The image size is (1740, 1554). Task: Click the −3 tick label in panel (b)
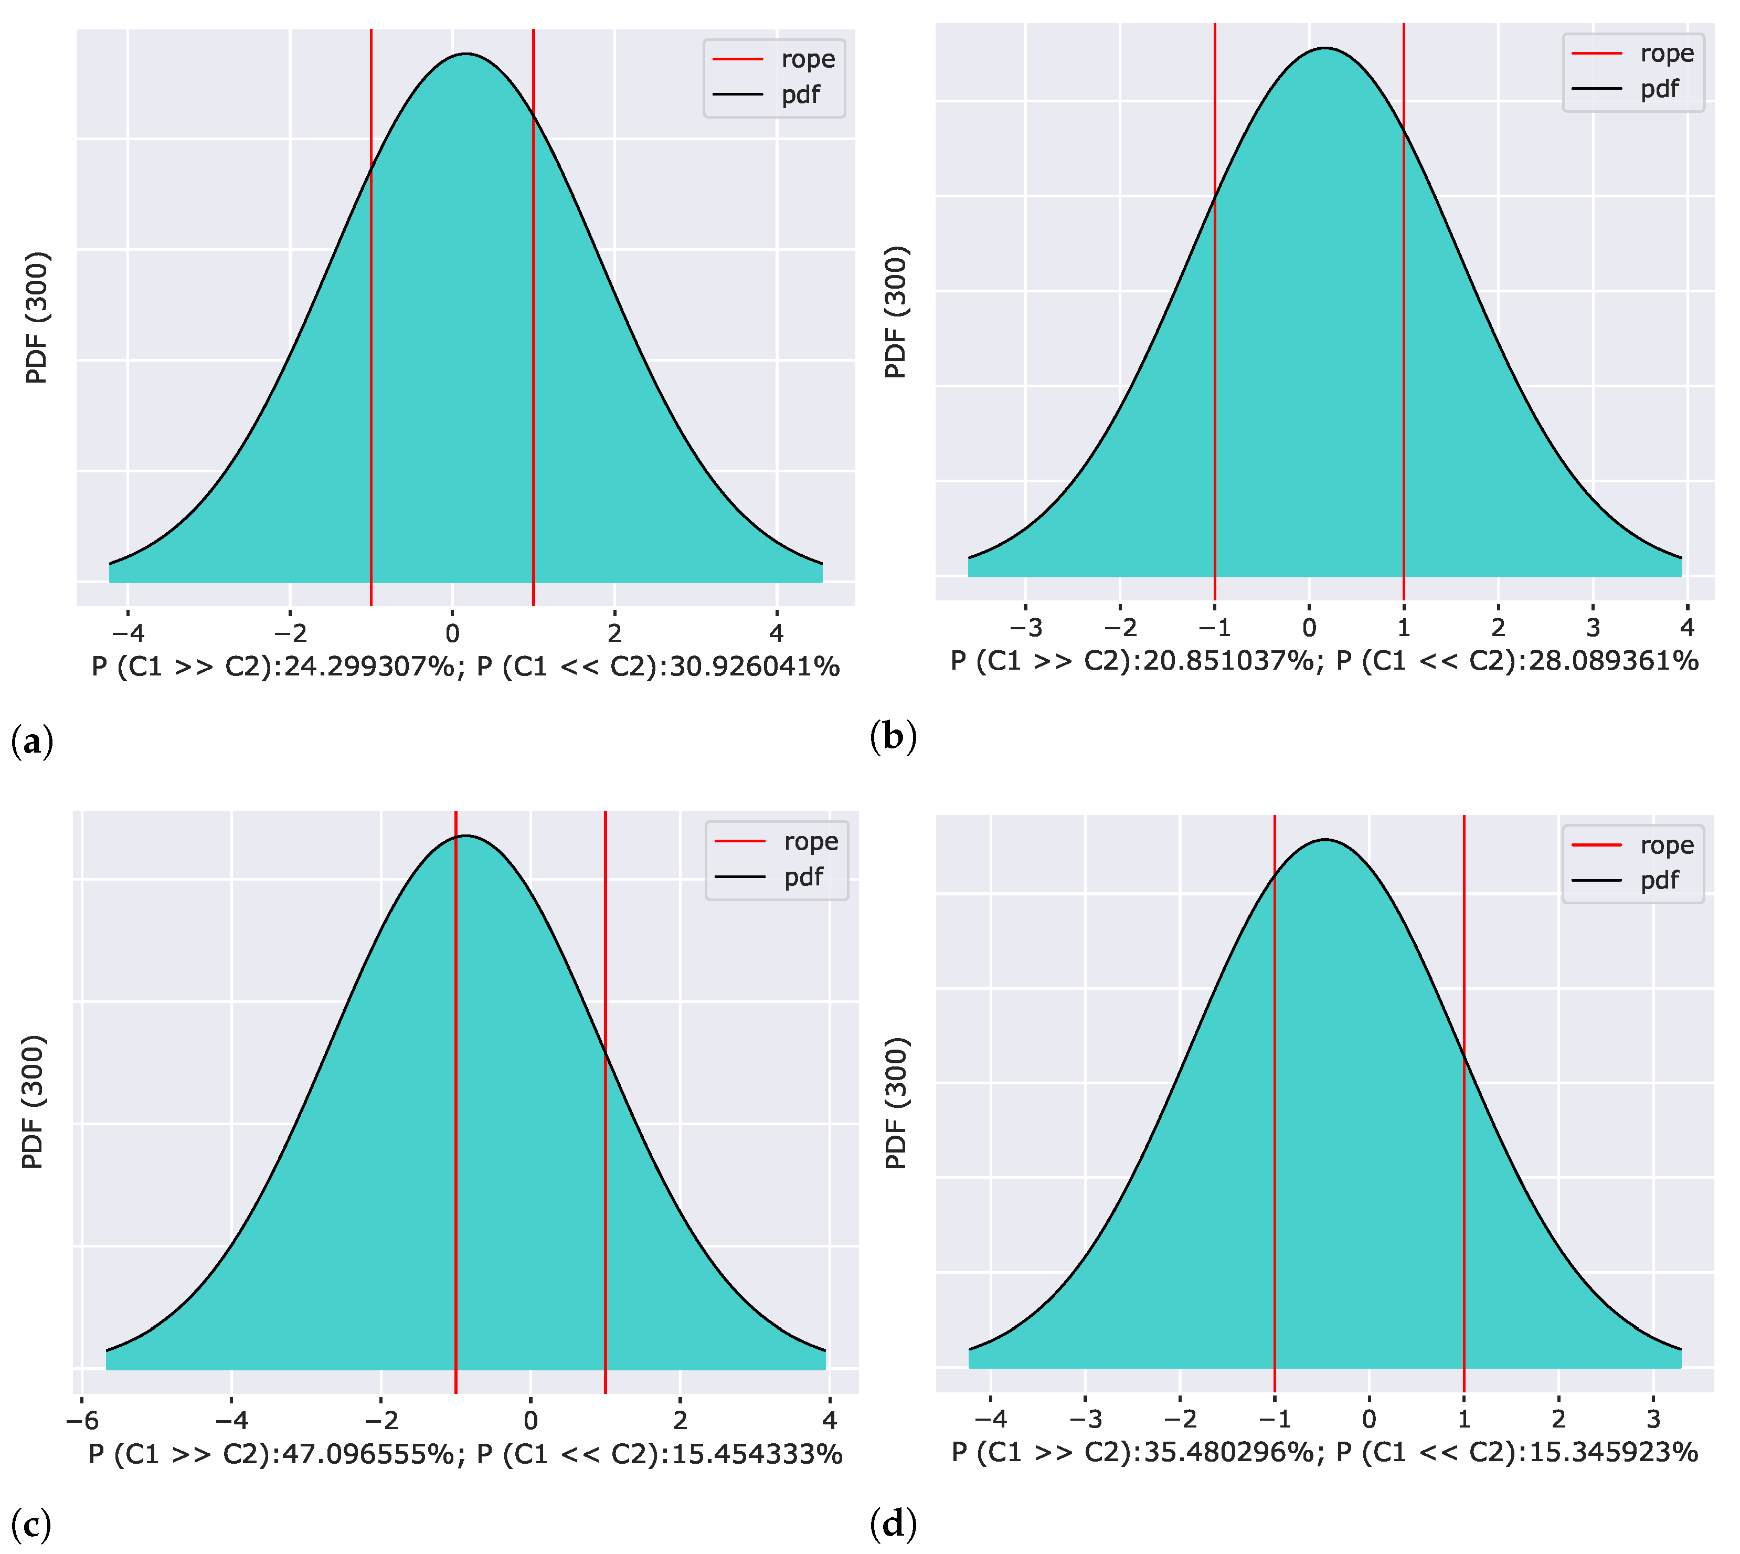[1025, 628]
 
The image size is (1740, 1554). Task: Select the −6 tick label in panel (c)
[82, 1421]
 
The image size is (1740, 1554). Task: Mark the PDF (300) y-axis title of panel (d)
[896, 1103]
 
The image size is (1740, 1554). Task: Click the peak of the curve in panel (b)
[1325, 49]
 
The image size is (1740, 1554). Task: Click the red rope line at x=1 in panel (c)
[606, 1110]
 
